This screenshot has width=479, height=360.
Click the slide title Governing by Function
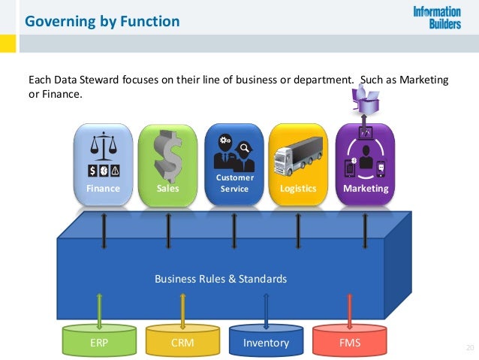pos(102,21)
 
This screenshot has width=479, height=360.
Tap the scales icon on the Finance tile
pos(102,144)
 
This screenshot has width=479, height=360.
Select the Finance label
pos(103,189)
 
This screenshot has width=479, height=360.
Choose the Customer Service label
pos(234,183)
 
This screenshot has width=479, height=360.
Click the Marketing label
pos(366,189)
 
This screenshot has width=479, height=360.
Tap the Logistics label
pos(298,189)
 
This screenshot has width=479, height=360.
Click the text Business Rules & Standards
pos(221,279)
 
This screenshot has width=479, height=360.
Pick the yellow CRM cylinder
pos(183,342)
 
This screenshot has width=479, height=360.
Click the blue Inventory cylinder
pos(266,342)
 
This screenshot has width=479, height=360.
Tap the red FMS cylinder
pos(348,342)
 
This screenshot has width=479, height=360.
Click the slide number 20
pos(470,346)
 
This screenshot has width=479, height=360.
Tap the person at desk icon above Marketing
pos(366,98)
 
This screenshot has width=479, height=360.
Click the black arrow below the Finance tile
pos(103,229)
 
